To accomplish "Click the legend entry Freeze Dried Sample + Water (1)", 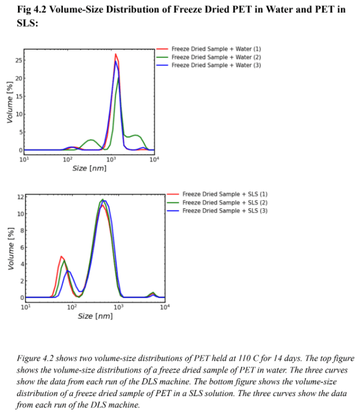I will (216, 48).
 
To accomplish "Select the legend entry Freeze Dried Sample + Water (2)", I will (216, 57).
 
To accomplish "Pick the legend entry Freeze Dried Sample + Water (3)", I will (216, 65).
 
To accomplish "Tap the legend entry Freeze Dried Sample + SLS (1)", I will (224, 194).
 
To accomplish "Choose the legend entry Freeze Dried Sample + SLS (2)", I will (224, 203).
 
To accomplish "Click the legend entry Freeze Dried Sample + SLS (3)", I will (224, 211).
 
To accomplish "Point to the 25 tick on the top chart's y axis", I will (19, 61).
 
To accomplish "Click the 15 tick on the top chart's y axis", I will (19, 96).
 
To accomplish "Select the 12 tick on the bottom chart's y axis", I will (20, 197).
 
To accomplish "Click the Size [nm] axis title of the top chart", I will (89, 169).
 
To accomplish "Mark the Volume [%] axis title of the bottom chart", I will (9, 248).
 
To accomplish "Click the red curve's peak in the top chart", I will (116, 54).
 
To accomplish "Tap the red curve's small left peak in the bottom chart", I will (62, 256).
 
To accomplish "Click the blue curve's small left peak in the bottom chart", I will (69, 271).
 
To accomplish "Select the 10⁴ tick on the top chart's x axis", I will (154, 159).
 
